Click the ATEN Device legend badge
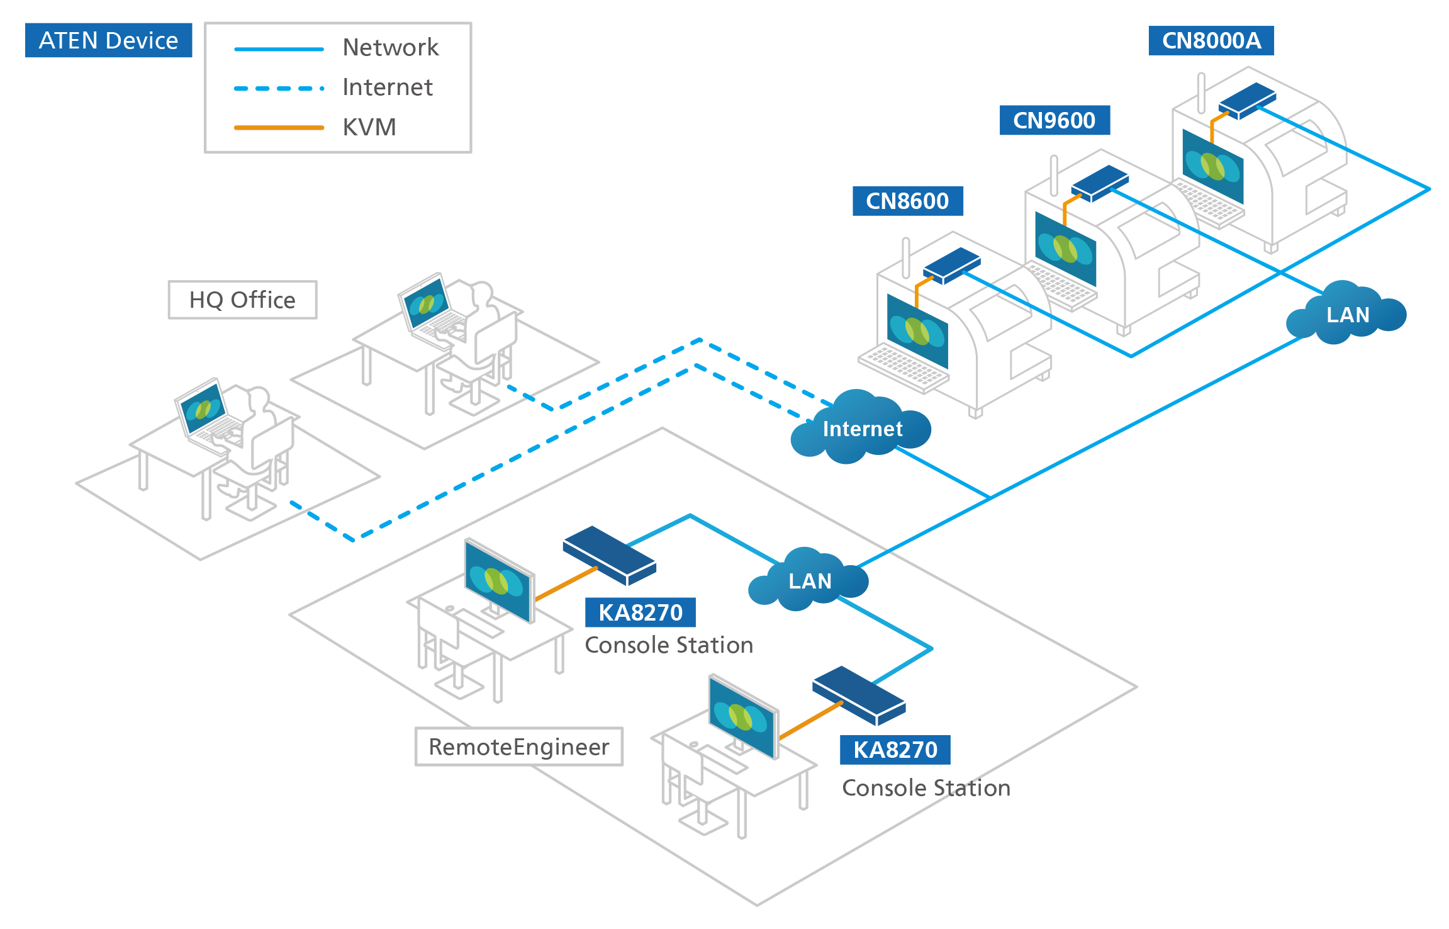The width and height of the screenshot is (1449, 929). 108,40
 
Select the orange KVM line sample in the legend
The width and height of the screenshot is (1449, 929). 279,128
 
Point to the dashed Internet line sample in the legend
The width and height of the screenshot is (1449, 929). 279,88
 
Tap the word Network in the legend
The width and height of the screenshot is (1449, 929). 390,48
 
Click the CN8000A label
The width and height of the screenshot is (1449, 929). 1211,40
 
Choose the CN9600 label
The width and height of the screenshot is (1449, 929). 1054,120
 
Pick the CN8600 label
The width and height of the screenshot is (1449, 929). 907,201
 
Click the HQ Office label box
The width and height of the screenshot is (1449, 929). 242,300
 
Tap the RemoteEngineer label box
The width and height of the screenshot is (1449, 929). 518,747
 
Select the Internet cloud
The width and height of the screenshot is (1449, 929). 861,428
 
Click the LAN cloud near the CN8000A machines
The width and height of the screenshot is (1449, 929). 1346,314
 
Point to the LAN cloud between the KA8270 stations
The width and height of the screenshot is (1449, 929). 808,580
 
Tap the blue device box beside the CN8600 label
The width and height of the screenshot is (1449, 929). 951,265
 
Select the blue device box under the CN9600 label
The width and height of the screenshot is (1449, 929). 1099,183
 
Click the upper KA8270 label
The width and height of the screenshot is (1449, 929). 640,612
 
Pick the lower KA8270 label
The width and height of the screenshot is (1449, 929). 895,750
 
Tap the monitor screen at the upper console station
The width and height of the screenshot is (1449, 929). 498,581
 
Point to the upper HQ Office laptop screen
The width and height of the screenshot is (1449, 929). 427,303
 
